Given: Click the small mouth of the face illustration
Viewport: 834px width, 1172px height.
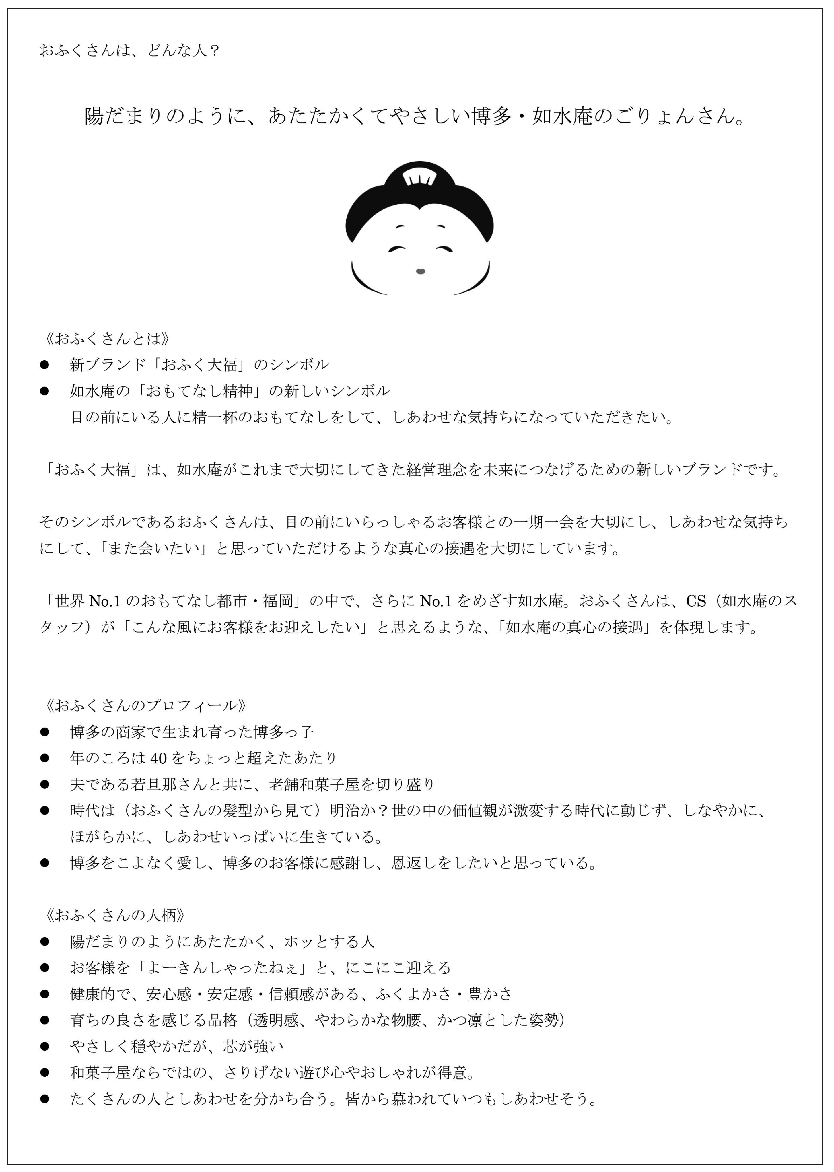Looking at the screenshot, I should tap(420, 271).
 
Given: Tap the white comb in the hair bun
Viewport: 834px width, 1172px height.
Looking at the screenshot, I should tap(419, 178).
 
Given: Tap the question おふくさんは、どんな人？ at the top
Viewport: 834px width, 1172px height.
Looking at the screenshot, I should tap(129, 50).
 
